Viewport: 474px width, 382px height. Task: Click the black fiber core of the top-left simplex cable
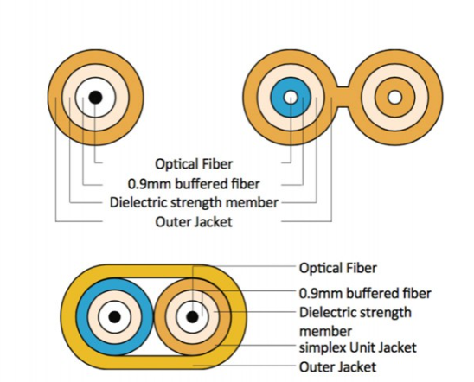[x=95, y=98]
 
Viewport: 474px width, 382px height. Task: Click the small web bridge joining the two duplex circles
[x=343, y=98]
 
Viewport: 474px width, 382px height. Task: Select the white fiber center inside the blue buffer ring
[x=291, y=98]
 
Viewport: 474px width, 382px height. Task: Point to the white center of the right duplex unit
[x=394, y=98]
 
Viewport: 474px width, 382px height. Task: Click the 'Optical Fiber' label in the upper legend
[x=194, y=164]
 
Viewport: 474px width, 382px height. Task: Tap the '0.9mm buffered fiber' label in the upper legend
[x=194, y=184]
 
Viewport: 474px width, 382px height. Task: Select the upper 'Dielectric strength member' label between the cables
[x=194, y=202]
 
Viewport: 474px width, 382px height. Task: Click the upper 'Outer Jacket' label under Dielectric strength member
[x=194, y=222]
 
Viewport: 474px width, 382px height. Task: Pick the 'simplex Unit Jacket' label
[x=357, y=347]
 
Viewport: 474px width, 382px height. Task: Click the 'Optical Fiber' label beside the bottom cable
[x=337, y=268]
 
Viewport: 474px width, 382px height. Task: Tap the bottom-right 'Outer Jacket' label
[x=337, y=367]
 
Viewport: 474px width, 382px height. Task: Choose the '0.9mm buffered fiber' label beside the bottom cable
[x=365, y=293]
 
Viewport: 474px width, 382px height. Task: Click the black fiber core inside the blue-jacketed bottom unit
[x=114, y=317]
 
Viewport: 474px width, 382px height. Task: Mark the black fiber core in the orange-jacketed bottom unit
[x=192, y=317]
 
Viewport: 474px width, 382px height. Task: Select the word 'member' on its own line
[x=325, y=331]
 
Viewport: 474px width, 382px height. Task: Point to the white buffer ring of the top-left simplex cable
[x=80, y=98]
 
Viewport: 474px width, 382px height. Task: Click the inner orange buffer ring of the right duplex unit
[x=380, y=98]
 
